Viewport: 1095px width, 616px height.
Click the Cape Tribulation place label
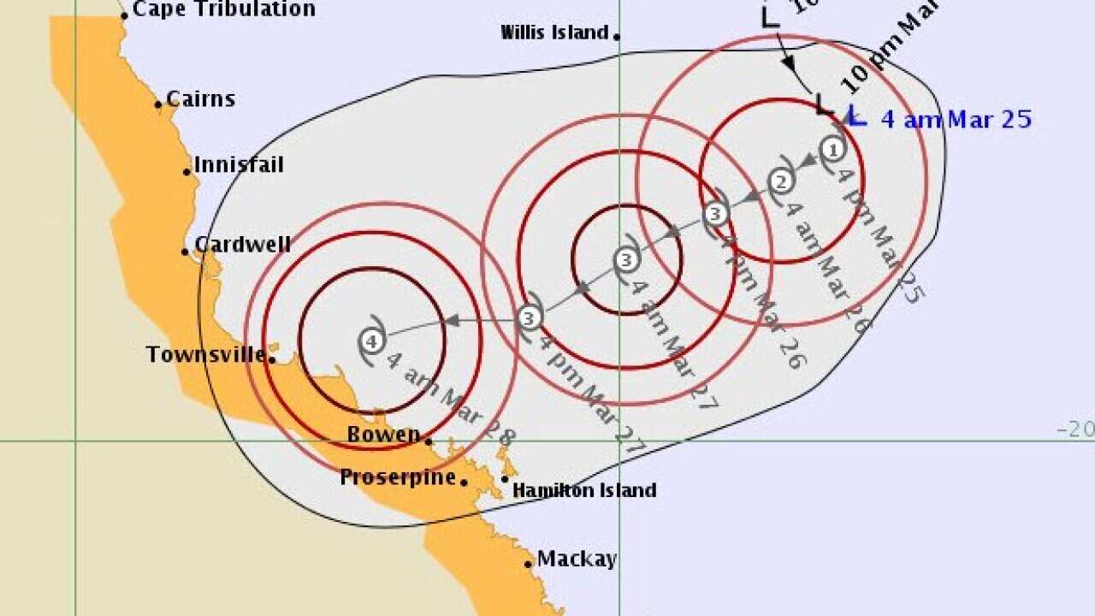point(223,10)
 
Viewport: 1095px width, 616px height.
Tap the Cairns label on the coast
point(200,99)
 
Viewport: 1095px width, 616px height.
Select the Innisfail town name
point(239,164)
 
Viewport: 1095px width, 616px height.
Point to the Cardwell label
point(242,245)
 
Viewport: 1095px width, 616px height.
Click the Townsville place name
point(205,354)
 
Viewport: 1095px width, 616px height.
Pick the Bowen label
point(383,435)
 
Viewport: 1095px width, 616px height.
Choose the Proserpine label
point(398,477)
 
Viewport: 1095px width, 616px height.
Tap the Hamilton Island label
point(584,490)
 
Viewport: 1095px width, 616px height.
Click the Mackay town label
point(576,560)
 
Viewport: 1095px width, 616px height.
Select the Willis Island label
point(554,33)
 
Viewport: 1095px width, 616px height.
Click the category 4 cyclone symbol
point(371,341)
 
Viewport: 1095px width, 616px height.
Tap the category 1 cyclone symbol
point(833,150)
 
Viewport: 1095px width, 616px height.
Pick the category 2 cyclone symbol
point(780,181)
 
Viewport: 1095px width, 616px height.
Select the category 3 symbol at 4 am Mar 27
point(626,259)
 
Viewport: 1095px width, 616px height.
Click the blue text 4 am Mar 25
point(956,120)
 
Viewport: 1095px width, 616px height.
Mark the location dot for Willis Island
point(616,36)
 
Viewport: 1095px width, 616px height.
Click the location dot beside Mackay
point(529,563)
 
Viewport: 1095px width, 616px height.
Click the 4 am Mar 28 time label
point(452,399)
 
